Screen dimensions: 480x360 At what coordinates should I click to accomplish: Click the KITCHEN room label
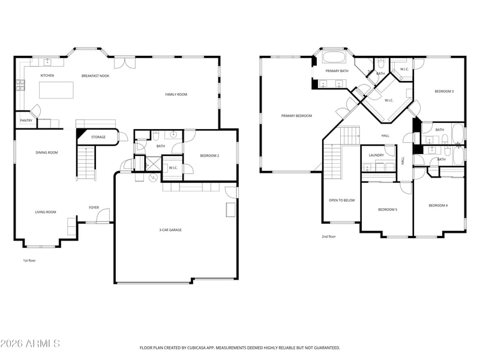(47, 76)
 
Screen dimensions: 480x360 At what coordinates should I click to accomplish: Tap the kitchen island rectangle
(56, 90)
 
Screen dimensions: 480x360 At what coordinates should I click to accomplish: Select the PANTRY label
(26, 121)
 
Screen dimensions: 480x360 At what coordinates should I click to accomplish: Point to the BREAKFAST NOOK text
(95, 76)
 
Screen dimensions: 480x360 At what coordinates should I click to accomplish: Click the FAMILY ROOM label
(176, 94)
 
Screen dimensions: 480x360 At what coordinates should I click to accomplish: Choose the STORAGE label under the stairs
(98, 137)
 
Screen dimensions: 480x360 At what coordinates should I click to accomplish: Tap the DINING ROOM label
(47, 152)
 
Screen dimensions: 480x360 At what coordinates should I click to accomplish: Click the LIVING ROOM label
(46, 212)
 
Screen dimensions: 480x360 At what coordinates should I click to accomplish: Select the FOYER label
(94, 208)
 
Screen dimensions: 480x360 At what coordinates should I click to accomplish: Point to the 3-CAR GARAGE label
(170, 230)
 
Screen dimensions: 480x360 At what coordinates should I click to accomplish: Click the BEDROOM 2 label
(209, 156)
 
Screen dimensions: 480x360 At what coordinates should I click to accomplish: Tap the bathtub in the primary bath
(334, 57)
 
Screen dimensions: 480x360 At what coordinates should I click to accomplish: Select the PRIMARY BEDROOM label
(296, 116)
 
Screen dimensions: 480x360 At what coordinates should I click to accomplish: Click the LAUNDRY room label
(376, 155)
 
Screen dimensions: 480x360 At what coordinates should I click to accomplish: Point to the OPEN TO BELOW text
(341, 200)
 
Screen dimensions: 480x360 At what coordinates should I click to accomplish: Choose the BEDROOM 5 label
(388, 209)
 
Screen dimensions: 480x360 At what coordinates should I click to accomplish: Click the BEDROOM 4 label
(438, 205)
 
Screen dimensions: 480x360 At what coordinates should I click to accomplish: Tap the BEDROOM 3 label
(444, 91)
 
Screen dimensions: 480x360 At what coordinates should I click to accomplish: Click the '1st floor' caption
(29, 260)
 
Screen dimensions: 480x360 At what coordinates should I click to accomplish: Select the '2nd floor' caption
(329, 236)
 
